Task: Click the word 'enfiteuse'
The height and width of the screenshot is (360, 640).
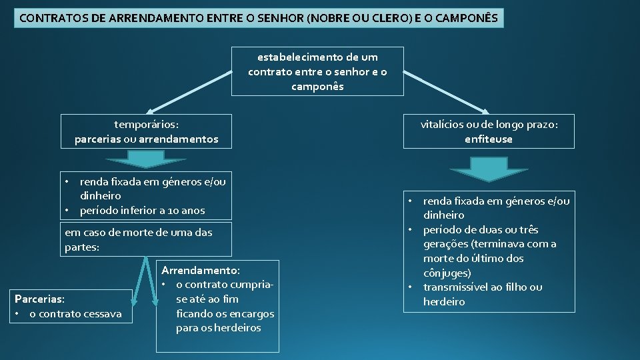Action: tap(489, 139)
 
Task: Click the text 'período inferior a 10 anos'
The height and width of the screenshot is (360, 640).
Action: tap(142, 211)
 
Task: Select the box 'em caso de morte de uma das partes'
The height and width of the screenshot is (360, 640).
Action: tap(147, 239)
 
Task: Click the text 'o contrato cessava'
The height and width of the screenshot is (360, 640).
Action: tap(75, 313)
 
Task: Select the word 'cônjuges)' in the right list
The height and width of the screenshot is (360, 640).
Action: tap(447, 273)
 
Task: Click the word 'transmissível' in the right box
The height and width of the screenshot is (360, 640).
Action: tap(455, 287)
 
